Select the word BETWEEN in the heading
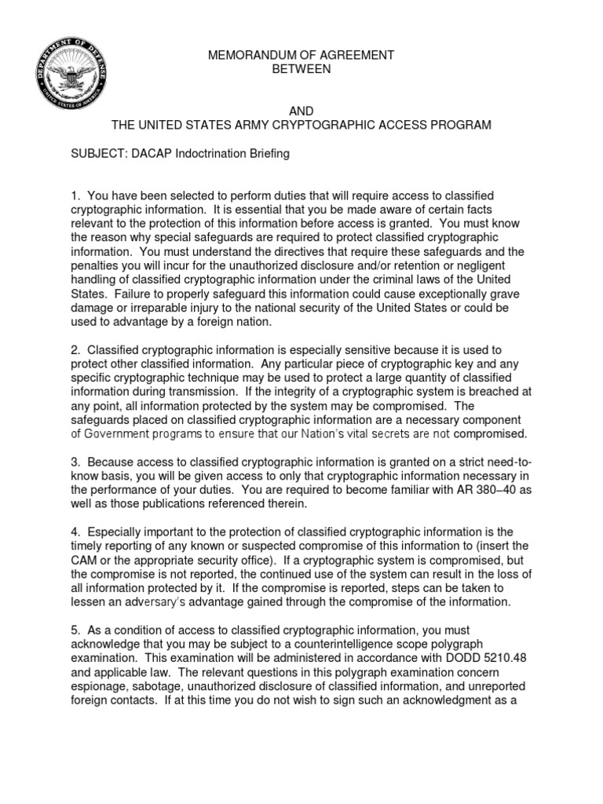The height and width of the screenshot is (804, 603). pyautogui.click(x=301, y=69)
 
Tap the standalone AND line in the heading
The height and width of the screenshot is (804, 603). pyautogui.click(x=301, y=111)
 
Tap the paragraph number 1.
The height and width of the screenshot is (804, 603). pyautogui.click(x=75, y=196)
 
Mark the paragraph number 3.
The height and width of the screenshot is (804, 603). pyautogui.click(x=75, y=462)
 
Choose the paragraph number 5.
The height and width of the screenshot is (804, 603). pyautogui.click(x=75, y=630)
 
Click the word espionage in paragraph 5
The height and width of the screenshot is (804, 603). pyautogui.click(x=97, y=687)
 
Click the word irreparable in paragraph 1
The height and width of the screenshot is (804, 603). pyautogui.click(x=155, y=308)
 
